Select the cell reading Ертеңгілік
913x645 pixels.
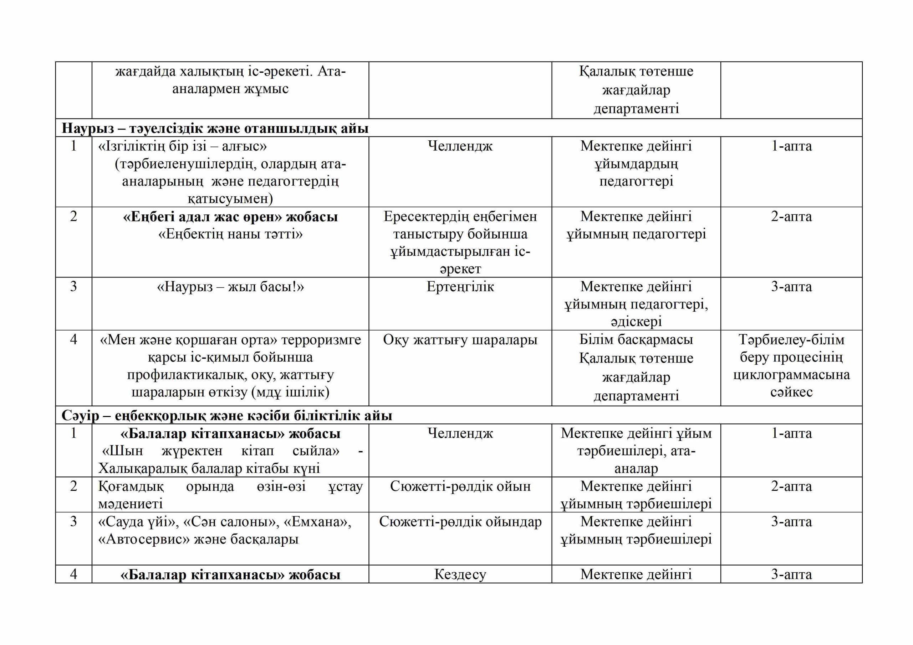click(x=460, y=287)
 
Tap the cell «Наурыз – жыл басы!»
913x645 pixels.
click(x=230, y=287)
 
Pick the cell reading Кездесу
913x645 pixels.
click(x=460, y=574)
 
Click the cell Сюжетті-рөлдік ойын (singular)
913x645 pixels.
click(x=460, y=486)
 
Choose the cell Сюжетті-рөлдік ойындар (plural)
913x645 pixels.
click(x=460, y=521)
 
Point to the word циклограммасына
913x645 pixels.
click(x=791, y=375)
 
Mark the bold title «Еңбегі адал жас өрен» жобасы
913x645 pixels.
click(x=230, y=217)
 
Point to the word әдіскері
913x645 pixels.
click(x=636, y=321)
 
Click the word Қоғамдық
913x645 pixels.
click(x=131, y=486)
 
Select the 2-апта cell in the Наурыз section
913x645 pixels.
click(x=791, y=217)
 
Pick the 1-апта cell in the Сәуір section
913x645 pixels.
click(x=791, y=433)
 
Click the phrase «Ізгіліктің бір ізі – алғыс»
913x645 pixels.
click(x=183, y=146)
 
